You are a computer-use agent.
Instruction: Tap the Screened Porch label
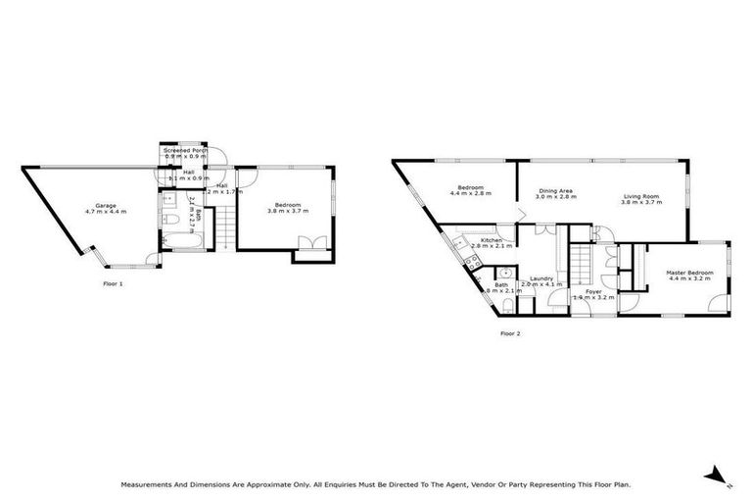click(x=191, y=150)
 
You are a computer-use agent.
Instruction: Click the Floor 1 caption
click(x=113, y=283)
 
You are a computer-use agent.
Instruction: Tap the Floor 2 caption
click(x=509, y=333)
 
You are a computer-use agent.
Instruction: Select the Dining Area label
click(x=554, y=191)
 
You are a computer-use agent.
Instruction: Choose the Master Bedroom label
click(x=690, y=272)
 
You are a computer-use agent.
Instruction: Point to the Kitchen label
click(x=491, y=240)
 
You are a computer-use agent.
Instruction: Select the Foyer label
click(x=593, y=290)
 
